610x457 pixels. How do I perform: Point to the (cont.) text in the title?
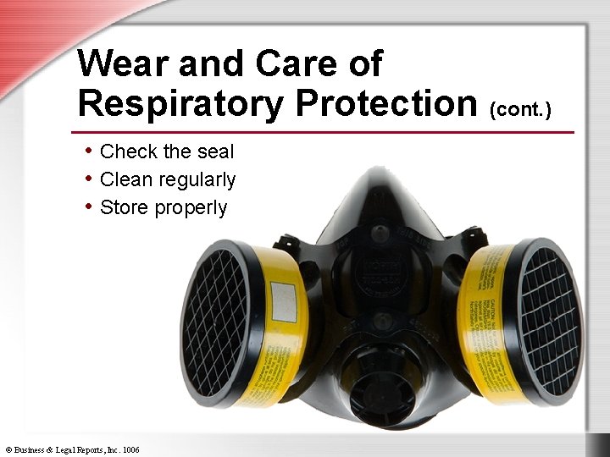[x=520, y=108]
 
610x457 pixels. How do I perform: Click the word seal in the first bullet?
[x=216, y=152]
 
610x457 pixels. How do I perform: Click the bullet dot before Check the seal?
[x=88, y=151]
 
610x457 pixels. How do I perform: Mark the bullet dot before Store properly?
[x=88, y=206]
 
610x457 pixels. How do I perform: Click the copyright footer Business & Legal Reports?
[x=72, y=449]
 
